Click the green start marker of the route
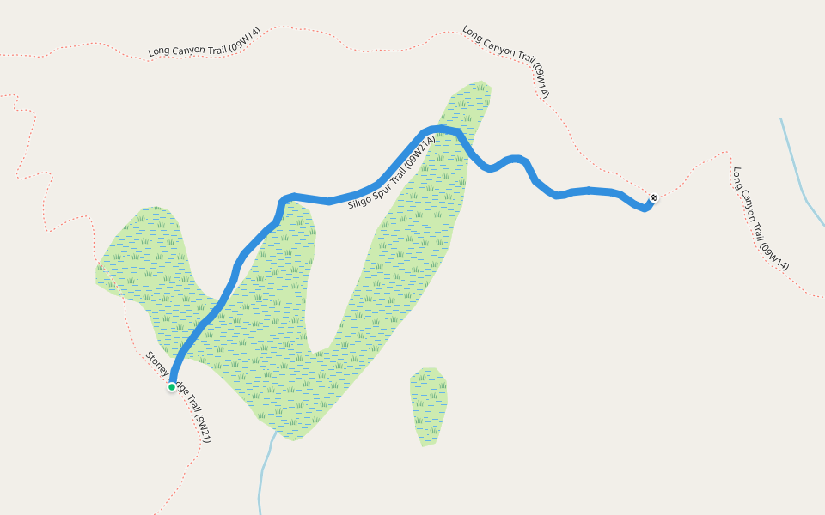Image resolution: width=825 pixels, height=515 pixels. coord(172,387)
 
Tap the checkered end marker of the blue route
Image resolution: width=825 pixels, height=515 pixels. coord(654,198)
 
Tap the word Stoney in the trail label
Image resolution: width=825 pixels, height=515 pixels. coord(157,364)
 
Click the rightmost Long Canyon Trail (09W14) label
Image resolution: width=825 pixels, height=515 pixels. coord(761,219)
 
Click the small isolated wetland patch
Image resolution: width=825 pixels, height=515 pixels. coord(429,405)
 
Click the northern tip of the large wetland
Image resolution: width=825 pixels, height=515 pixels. coord(477,88)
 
